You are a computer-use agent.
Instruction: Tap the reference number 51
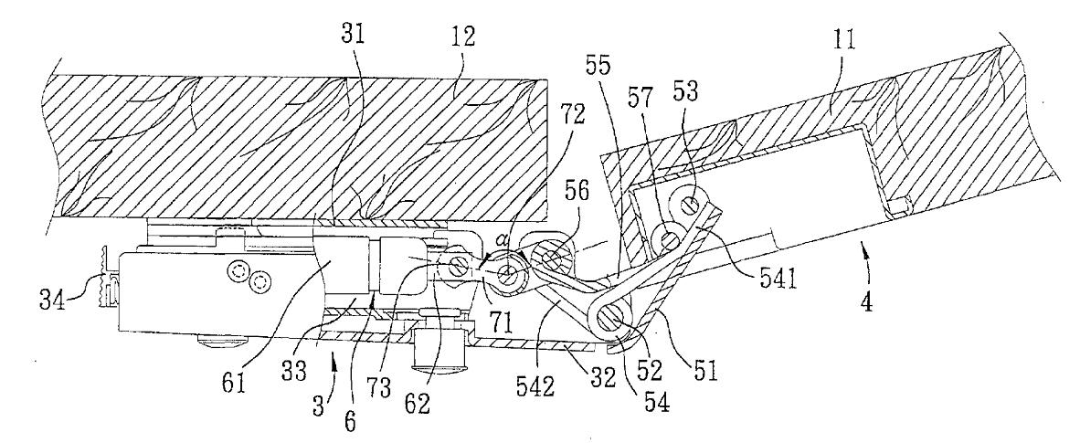pos(704,373)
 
